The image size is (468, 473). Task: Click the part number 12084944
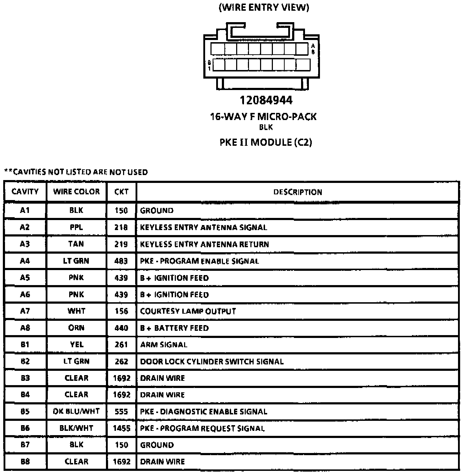pos(266,100)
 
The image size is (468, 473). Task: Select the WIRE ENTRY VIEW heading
pos(264,8)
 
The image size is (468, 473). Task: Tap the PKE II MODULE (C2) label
pos(266,142)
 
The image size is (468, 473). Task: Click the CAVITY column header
pos(25,191)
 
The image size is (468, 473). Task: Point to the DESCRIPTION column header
pos(297,192)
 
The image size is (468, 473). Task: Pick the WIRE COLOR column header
pos(76,191)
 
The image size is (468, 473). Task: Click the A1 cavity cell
pos(25,210)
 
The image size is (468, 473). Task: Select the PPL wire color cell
pos(76,227)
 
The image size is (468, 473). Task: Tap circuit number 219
pos(121,244)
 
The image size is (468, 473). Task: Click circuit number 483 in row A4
pos(121,261)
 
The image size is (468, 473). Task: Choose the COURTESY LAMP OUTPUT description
pos(188,311)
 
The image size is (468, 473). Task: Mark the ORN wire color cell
pos(76,328)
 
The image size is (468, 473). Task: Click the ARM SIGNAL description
pos(164,345)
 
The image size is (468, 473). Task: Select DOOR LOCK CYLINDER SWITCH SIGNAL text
pos(212,362)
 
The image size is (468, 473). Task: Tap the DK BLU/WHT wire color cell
pos(76,412)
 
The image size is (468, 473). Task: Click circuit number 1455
pos(122,428)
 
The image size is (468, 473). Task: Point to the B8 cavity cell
pos(25,462)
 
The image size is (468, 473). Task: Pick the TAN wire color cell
pos(76,244)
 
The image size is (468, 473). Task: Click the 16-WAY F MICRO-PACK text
pos(263,116)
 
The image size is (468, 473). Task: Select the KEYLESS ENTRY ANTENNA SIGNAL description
pos(203,228)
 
